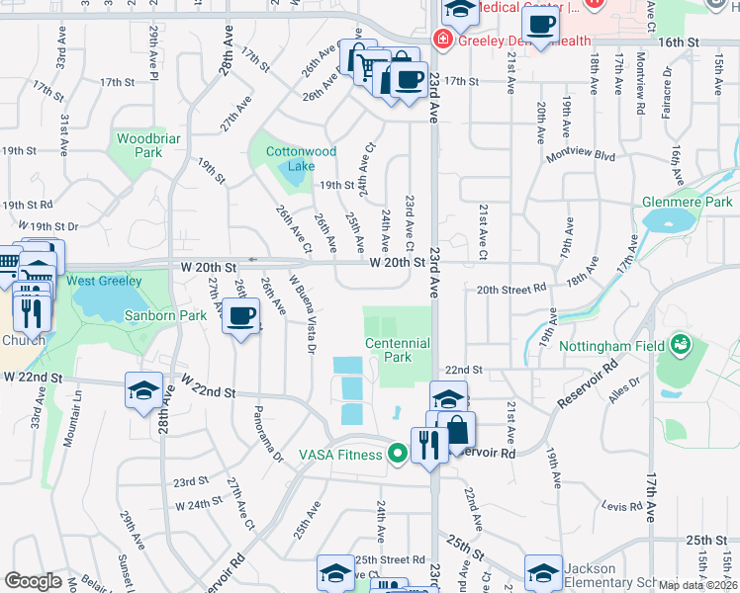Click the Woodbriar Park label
(x=147, y=146)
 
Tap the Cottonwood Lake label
(x=301, y=158)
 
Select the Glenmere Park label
(x=686, y=202)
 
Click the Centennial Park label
(x=397, y=350)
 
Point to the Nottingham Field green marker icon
(x=680, y=346)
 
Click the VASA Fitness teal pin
(x=398, y=455)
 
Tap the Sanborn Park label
(x=165, y=316)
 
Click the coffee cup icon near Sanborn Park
(x=240, y=317)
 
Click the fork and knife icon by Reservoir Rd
(x=428, y=445)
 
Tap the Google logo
(x=33, y=580)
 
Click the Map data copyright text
(x=697, y=584)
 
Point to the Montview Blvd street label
(x=588, y=157)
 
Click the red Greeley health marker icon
(x=442, y=41)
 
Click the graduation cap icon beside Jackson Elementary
(x=543, y=574)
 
